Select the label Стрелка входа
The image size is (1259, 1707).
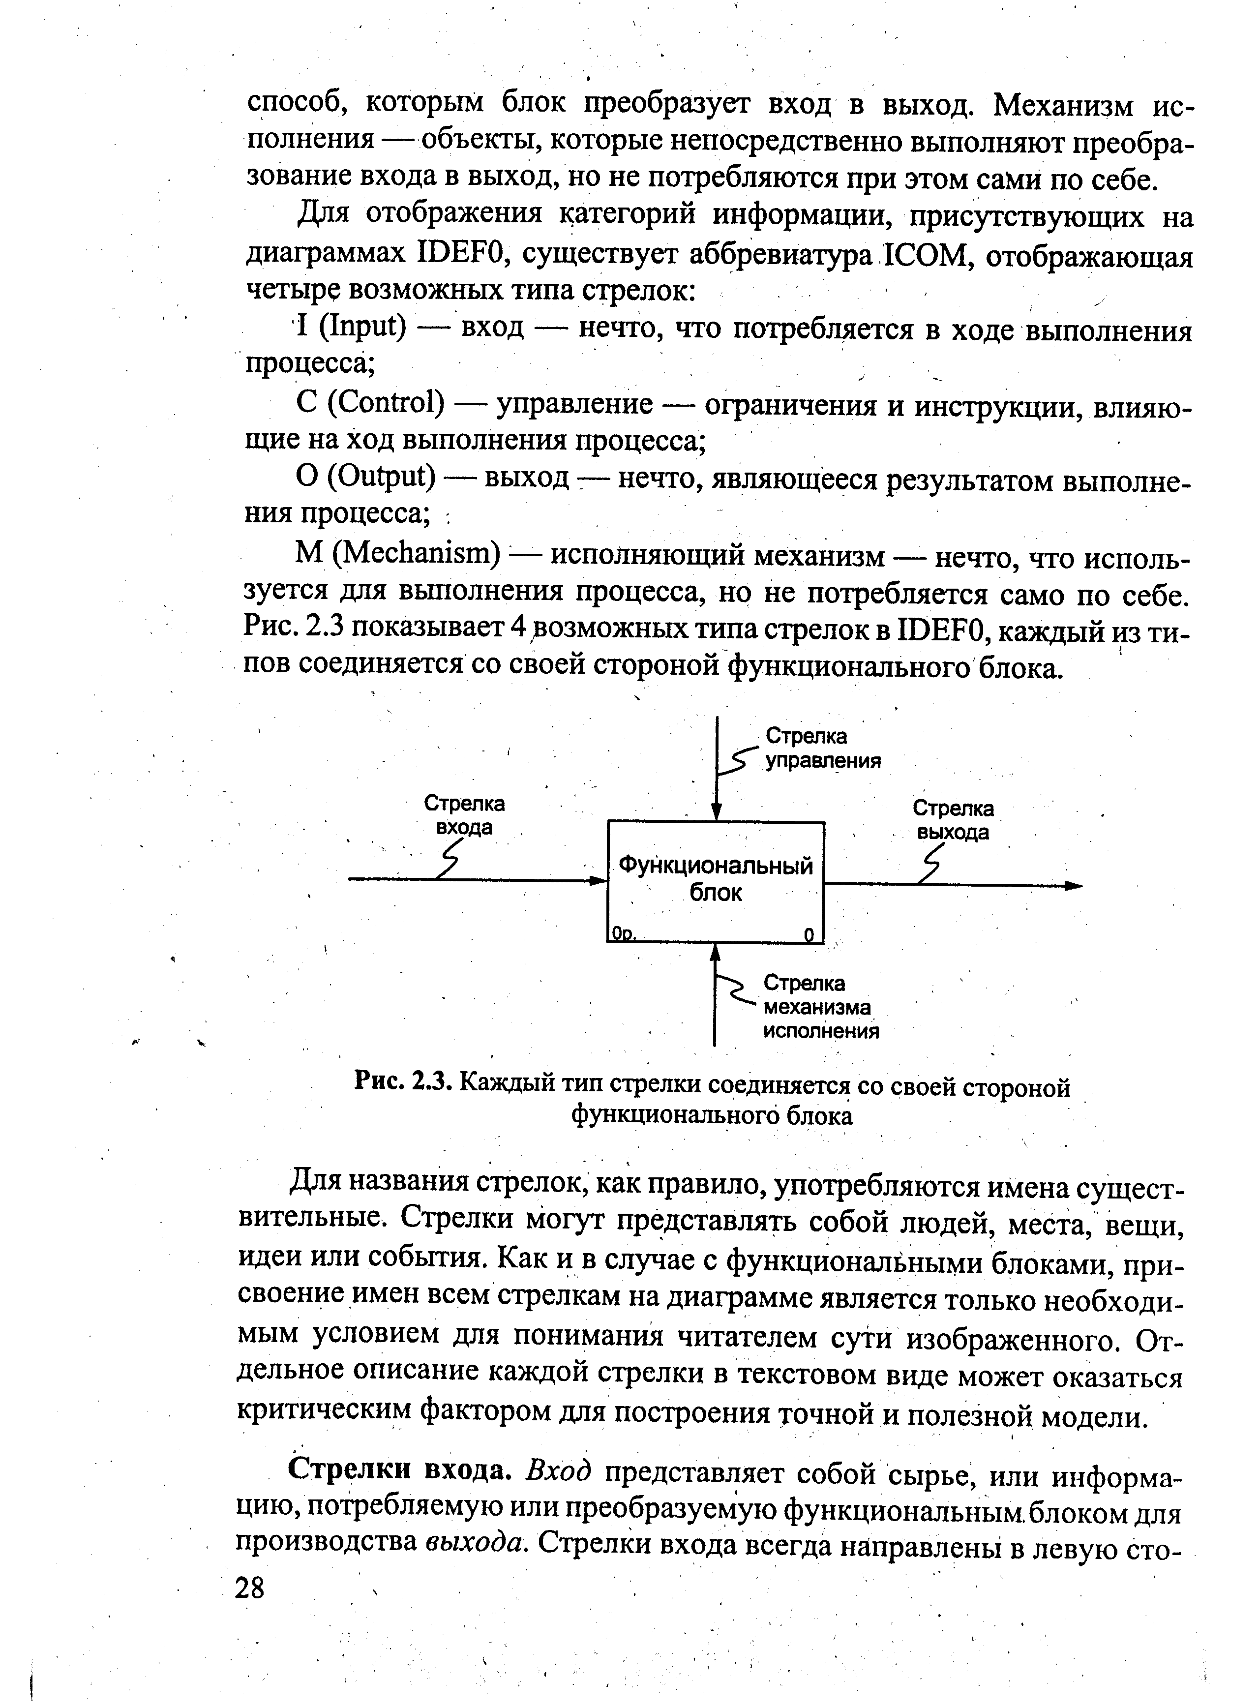pos(464,815)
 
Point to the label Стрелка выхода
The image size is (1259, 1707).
pos(953,820)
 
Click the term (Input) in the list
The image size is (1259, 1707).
pos(359,327)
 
